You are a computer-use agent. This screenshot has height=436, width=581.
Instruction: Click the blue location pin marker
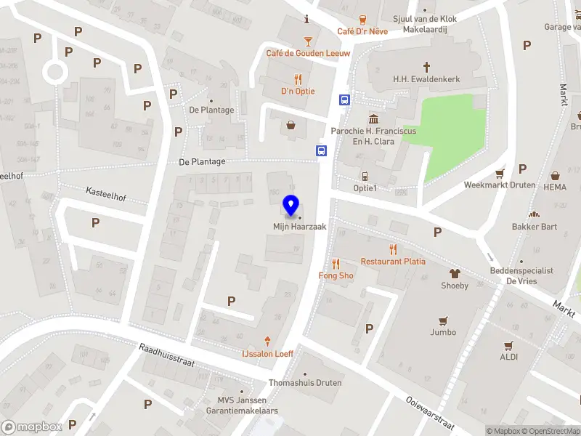tap(291, 206)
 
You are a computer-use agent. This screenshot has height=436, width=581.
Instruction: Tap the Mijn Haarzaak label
tap(299, 227)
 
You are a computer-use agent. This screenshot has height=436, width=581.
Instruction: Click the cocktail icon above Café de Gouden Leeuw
tap(308, 41)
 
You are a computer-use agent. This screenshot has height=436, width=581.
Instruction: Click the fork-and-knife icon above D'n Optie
tap(298, 79)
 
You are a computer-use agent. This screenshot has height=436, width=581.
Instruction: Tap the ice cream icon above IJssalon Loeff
tap(268, 341)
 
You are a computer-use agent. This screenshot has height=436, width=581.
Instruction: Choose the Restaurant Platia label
tap(393, 261)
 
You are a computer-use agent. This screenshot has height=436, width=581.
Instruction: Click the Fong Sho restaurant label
tap(336, 275)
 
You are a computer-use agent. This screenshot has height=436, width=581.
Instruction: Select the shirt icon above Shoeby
tap(455, 273)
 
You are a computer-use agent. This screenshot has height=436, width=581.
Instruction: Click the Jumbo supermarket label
tap(442, 332)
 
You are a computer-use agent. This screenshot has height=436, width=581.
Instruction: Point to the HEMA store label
tap(554, 187)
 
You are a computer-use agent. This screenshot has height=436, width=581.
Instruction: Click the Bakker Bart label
tap(534, 226)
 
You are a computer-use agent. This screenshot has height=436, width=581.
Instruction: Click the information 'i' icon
tap(308, 19)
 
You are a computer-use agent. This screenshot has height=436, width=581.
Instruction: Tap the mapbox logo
tap(31, 427)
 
